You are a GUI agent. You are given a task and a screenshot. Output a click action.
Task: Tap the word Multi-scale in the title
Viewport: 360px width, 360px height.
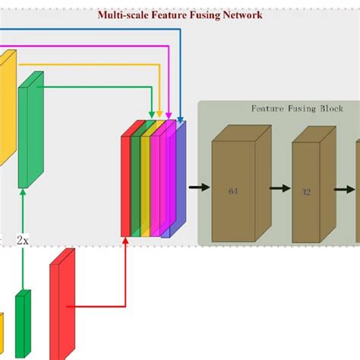[122, 14]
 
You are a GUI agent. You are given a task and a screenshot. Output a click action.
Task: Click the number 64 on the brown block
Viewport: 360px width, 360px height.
[232, 191]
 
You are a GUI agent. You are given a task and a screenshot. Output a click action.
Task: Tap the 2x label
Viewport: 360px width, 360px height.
[23, 239]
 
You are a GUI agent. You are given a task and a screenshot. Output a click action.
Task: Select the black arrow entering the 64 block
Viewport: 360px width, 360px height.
[199, 187]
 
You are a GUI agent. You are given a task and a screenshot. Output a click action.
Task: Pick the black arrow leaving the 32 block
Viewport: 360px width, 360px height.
[345, 187]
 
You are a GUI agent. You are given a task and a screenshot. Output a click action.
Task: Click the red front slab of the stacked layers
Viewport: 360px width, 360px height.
[125, 186]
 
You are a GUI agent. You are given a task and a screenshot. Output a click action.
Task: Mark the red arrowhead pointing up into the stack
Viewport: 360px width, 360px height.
[125, 242]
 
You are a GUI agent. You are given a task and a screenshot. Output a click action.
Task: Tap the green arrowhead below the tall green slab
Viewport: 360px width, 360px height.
[23, 194]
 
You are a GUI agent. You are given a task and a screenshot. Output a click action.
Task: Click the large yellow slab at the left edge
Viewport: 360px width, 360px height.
[6, 106]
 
